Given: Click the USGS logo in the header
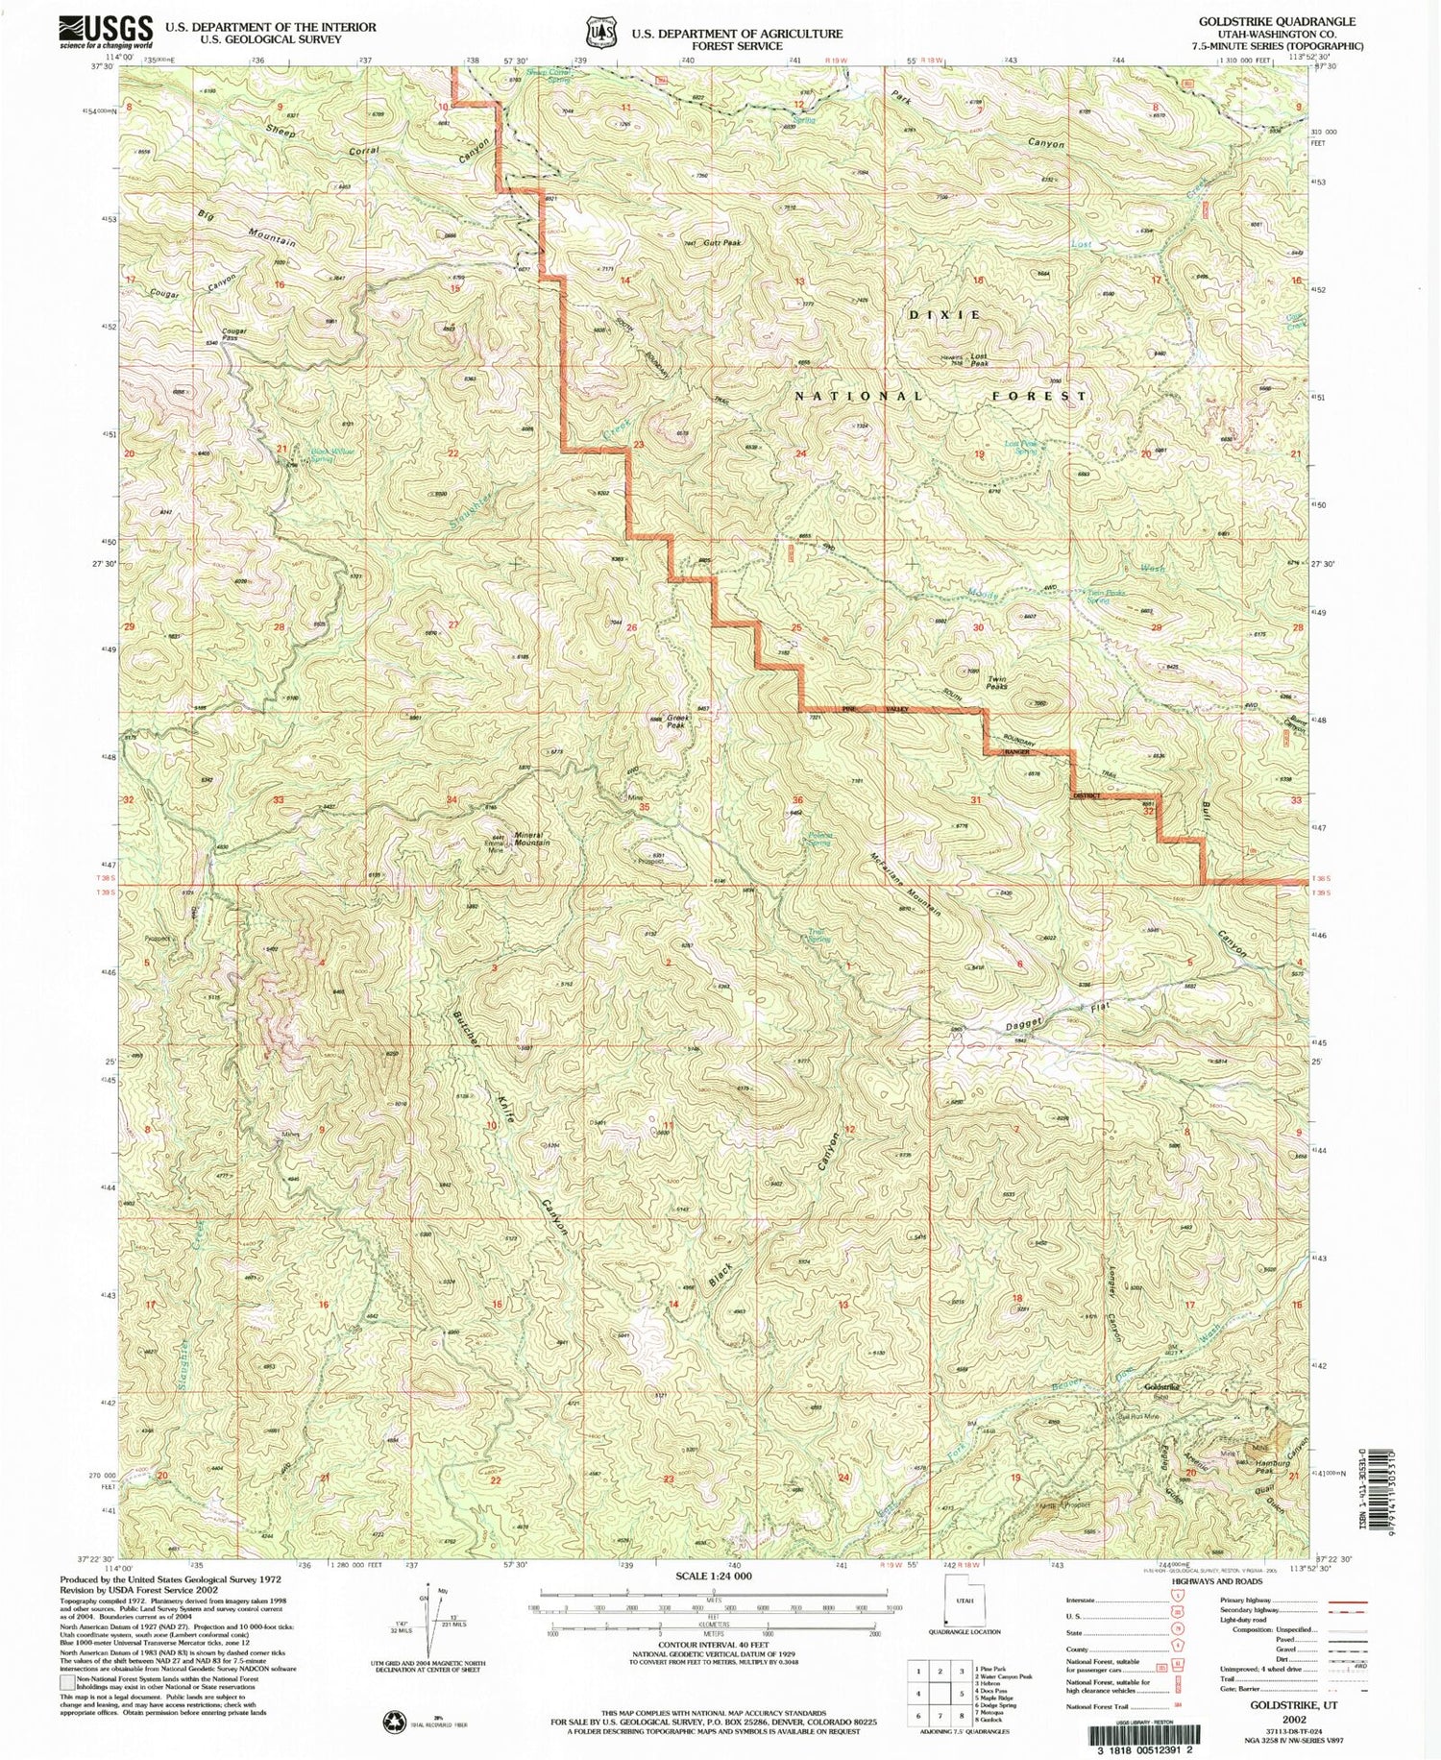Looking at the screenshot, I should [106, 32].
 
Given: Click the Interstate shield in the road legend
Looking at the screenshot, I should [1176, 1600].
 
